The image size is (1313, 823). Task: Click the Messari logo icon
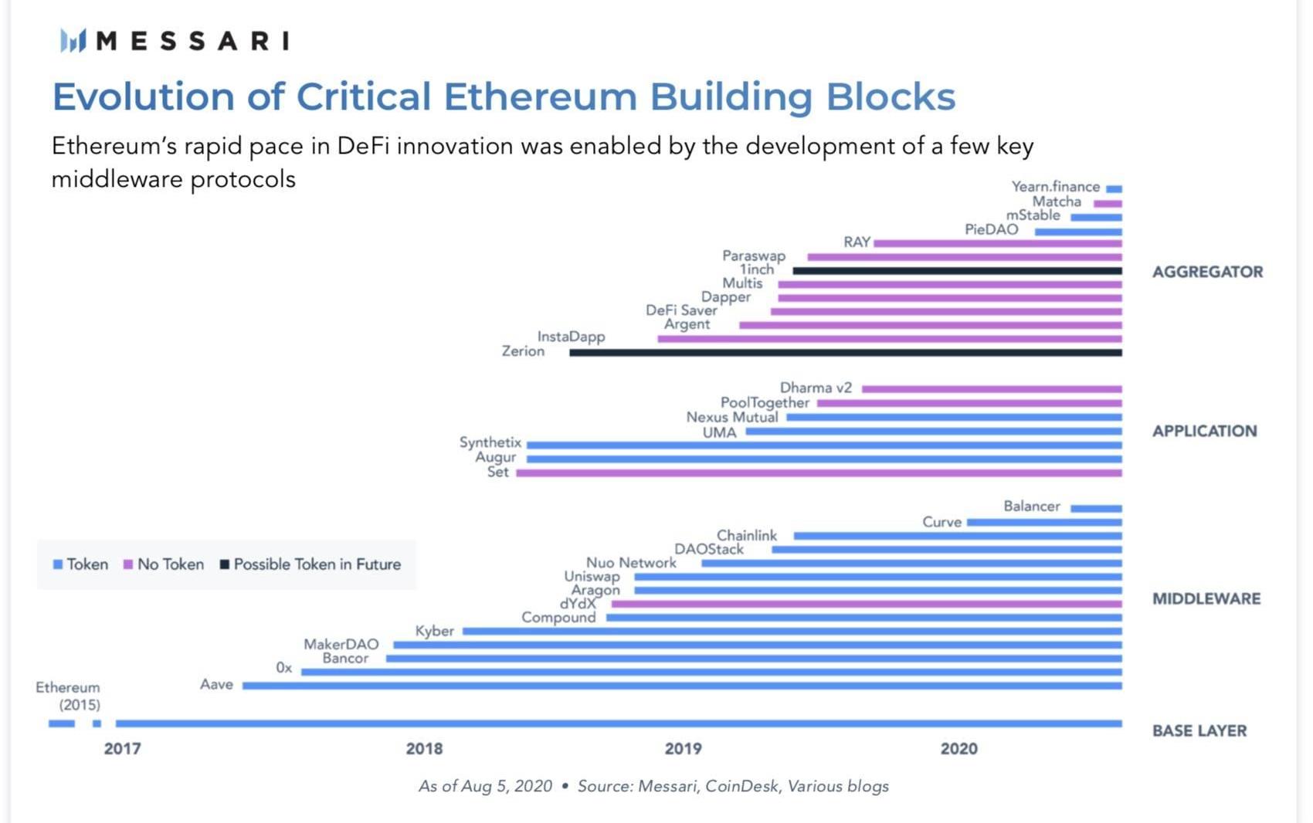73,40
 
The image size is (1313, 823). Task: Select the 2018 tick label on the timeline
424,748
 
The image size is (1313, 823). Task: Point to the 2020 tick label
958,748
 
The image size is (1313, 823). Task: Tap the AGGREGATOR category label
1207,272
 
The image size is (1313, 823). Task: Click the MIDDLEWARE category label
1206,598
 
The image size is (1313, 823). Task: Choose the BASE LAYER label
1199,730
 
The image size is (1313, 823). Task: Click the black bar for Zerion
846,353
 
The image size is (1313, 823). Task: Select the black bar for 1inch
957,271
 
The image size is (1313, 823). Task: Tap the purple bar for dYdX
866,604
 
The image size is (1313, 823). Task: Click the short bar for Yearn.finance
1114,188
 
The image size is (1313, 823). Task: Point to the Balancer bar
1096,508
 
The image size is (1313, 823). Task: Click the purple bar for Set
819,472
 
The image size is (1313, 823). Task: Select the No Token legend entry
164,564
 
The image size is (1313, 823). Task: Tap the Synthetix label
490,442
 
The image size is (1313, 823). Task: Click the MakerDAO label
341,644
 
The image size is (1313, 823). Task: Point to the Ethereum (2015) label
69,696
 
